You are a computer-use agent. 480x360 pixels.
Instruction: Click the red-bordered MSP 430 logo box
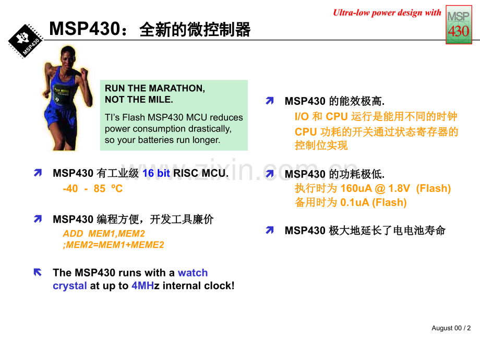click(x=459, y=25)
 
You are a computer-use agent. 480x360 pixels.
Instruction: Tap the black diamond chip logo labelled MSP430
click(x=26, y=41)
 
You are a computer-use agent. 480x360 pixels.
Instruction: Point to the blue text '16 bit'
click(x=156, y=173)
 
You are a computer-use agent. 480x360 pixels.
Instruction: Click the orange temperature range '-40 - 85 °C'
click(x=93, y=188)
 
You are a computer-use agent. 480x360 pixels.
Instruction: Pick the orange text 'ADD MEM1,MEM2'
click(x=104, y=234)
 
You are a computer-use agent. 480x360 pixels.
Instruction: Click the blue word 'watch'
click(x=193, y=272)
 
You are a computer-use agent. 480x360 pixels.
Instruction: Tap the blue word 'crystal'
click(x=70, y=286)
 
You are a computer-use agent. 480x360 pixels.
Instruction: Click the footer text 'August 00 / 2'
click(x=451, y=328)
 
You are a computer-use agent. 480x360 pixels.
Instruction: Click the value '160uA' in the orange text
click(x=356, y=188)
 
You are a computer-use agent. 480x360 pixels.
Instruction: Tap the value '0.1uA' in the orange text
click(x=354, y=202)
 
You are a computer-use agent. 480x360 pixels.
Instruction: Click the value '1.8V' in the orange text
click(x=399, y=188)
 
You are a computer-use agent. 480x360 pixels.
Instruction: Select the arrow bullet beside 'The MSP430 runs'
click(x=38, y=272)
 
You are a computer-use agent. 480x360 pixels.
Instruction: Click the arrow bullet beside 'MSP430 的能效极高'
click(x=270, y=100)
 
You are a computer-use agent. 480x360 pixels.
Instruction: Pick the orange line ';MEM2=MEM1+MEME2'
click(x=114, y=245)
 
